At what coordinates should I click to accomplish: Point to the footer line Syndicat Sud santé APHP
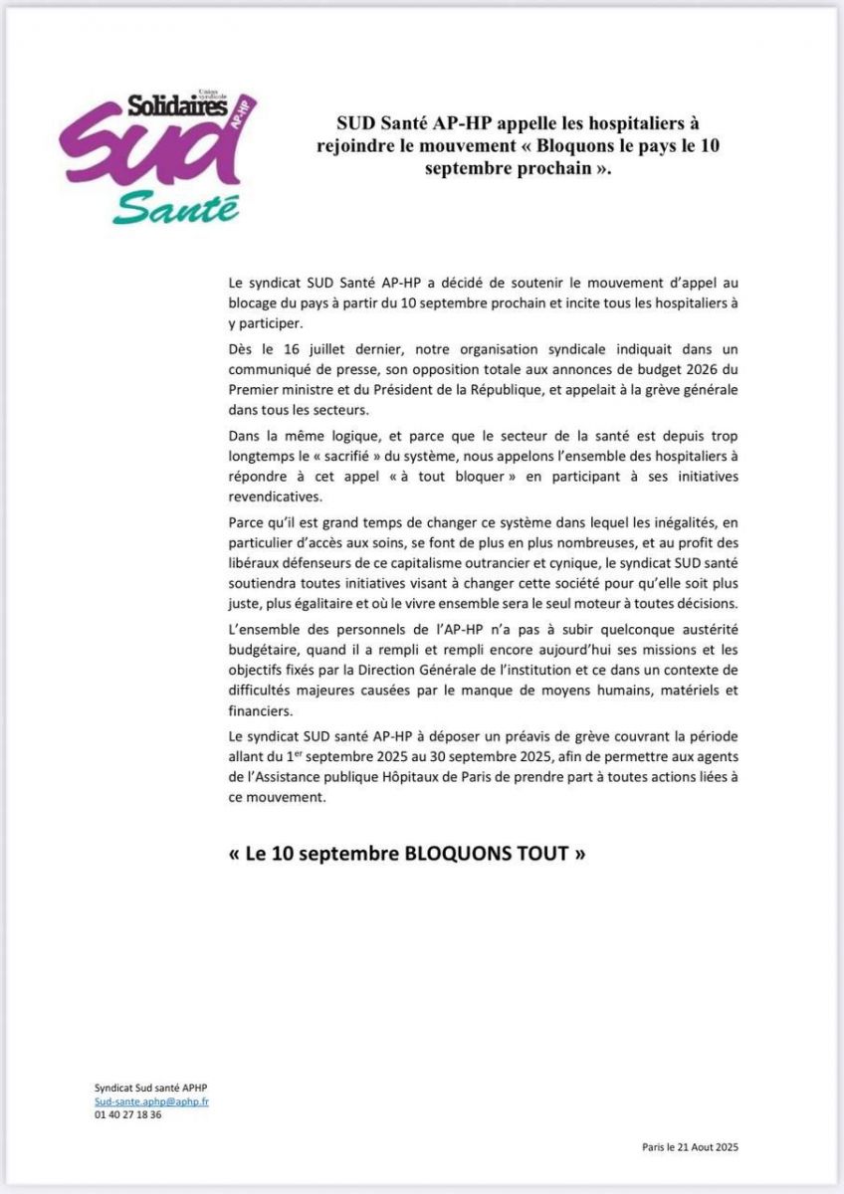[x=145, y=1089]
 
